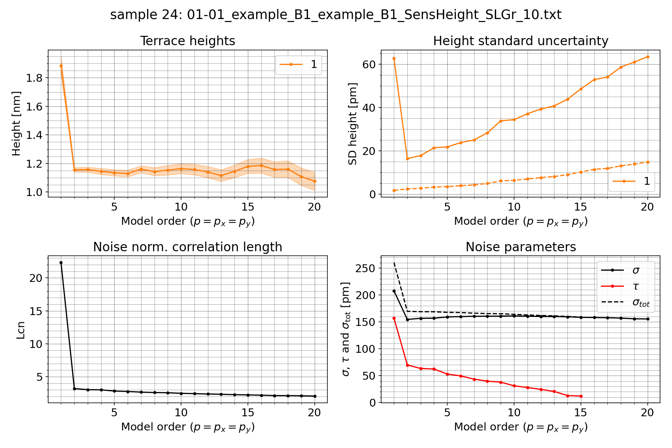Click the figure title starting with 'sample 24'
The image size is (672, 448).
(336, 15)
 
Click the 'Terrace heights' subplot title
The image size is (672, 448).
(187, 41)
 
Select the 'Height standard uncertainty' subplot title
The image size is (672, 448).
(520, 41)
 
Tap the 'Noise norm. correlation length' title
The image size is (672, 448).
(187, 247)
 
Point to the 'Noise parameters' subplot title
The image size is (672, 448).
(520, 247)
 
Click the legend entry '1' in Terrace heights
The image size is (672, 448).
(314, 65)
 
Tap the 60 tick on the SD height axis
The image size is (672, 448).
(369, 64)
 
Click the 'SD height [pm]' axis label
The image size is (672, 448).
(353, 124)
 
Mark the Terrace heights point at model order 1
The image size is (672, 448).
(61, 66)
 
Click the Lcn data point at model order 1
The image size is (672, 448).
(61, 263)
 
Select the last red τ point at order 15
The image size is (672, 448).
(581, 396)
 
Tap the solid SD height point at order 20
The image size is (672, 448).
(648, 57)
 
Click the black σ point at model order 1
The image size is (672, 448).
(394, 291)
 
